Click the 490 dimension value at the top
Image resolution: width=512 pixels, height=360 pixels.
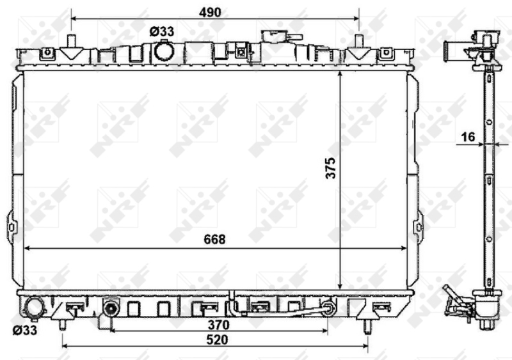point(210,12)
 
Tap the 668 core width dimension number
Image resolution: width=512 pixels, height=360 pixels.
point(214,240)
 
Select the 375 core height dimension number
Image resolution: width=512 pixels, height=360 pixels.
point(330,168)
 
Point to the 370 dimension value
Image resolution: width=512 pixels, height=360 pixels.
point(218,325)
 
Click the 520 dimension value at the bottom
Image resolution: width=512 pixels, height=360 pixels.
point(217,340)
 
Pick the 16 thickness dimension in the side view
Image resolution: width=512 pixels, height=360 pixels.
point(468,136)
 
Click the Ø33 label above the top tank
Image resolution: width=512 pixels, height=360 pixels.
point(162,32)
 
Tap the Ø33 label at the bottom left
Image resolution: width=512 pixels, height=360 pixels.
point(25,330)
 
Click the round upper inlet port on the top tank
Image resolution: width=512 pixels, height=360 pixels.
point(164,51)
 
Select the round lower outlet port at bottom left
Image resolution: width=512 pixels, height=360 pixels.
point(35,307)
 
